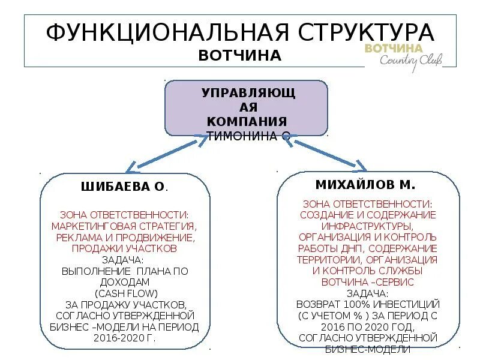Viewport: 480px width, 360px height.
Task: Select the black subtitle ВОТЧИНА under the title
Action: click(239, 55)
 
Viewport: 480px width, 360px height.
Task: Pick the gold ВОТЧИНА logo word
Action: click(394, 47)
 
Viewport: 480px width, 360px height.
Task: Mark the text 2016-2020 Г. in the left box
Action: click(127, 337)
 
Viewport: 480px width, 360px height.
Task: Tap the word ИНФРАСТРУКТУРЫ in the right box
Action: click(367, 226)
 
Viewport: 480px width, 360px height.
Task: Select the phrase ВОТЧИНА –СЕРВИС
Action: click(367, 281)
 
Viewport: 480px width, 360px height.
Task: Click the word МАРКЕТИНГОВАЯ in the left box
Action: click(89, 226)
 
